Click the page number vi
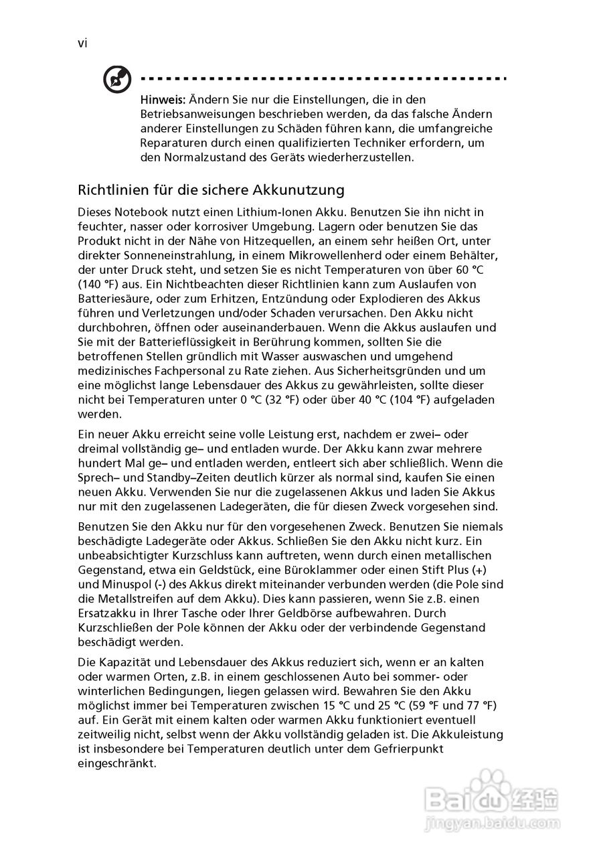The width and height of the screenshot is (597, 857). tap(82, 44)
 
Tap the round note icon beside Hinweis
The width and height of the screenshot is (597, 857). tap(116, 81)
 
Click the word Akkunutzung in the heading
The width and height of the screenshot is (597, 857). tap(303, 189)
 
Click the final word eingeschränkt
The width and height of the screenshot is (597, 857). tap(117, 764)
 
